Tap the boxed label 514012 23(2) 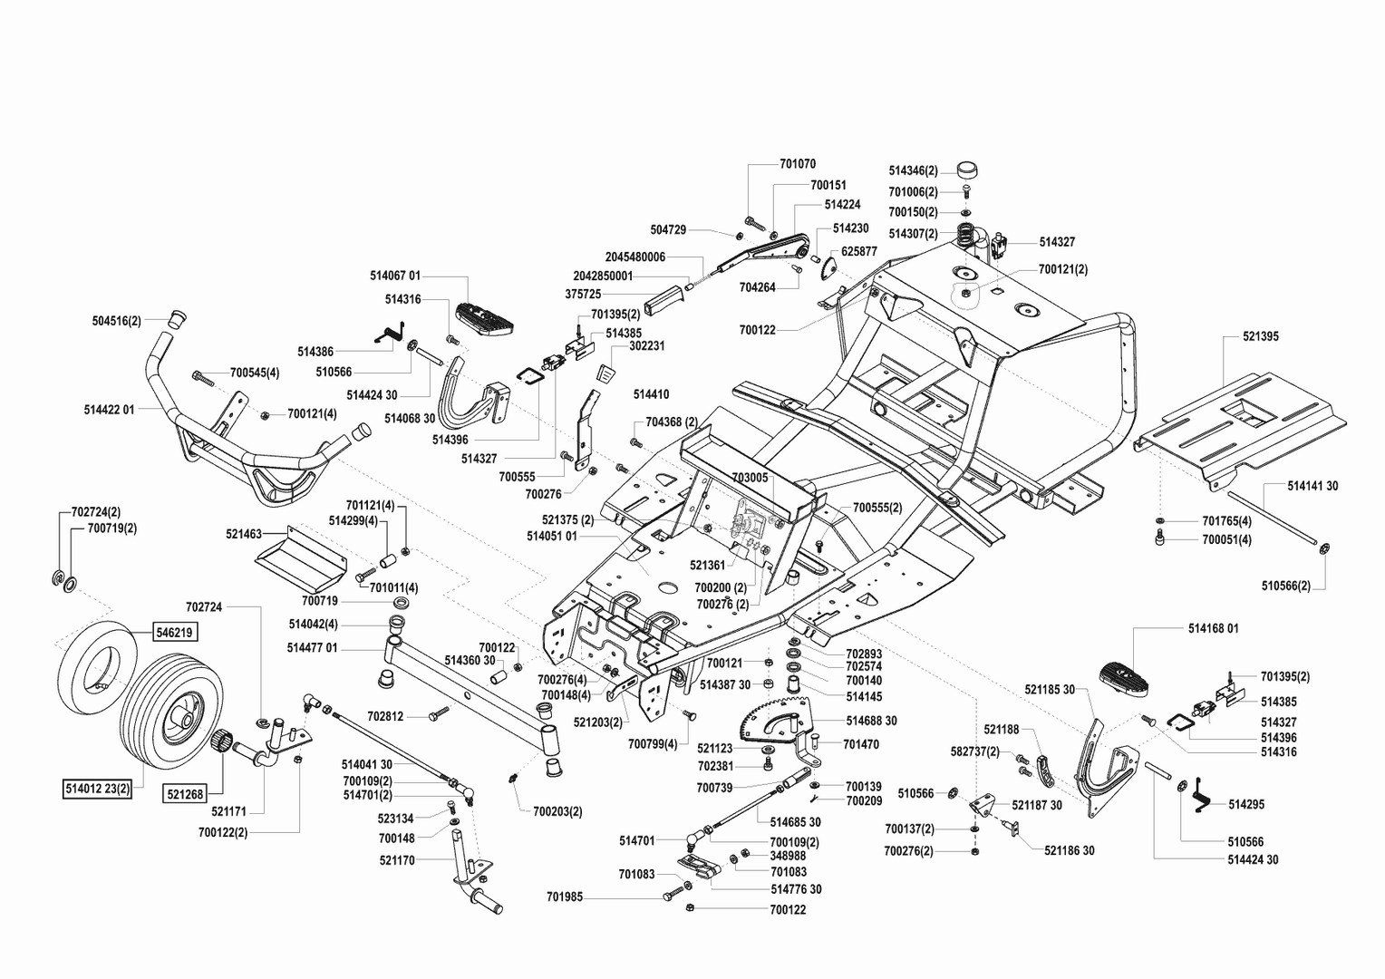click(98, 789)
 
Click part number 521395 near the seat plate click(1261, 336)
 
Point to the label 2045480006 click(635, 257)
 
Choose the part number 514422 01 click(109, 410)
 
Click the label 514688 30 click(872, 721)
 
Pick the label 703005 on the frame click(749, 477)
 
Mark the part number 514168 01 click(1213, 628)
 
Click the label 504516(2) click(117, 321)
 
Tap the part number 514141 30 click(1312, 486)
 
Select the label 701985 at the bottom click(565, 897)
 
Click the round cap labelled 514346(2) click(968, 170)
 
